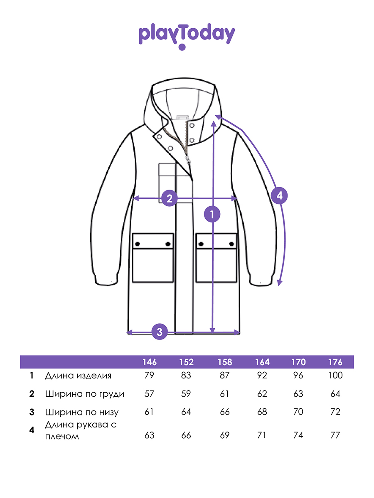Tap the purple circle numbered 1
coord(212,214)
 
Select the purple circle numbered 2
coord(170,198)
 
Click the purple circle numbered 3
coord(160,332)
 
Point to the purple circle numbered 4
coord(280,195)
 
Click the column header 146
coord(150,362)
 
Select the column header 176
coord(335,362)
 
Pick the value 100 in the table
coord(335,375)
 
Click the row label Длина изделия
coord(78,376)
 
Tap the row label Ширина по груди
coord(85,394)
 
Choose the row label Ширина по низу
coord(82,412)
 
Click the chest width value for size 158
coord(224,394)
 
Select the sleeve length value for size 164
coord(262,435)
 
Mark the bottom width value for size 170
coord(298,412)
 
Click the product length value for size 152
coord(186,375)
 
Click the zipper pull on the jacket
coord(188,159)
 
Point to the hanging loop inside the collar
coord(183,117)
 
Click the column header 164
coord(262,362)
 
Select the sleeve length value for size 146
coord(150,435)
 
